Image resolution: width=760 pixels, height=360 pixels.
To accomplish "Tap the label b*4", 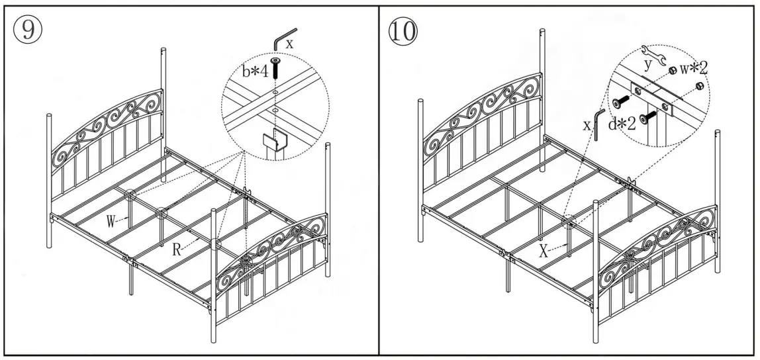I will [254, 71].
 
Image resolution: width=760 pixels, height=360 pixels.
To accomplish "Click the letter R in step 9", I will [177, 250].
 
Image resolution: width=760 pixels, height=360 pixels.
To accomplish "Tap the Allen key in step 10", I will [598, 123].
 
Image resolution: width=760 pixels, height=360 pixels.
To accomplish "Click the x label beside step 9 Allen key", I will [289, 44].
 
